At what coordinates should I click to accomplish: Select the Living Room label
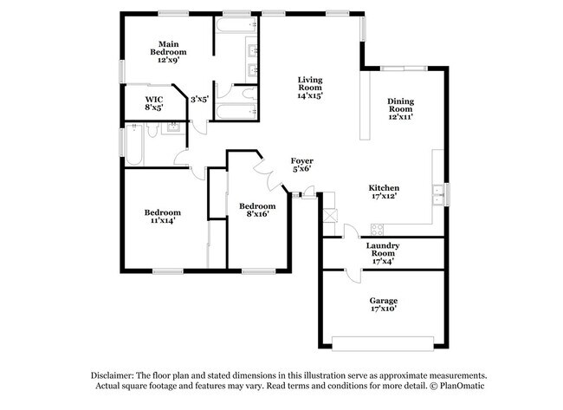coord(310,87)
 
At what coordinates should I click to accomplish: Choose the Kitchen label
coord(383,192)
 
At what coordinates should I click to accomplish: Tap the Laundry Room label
coord(382,251)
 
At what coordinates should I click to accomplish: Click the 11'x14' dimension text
coord(162,220)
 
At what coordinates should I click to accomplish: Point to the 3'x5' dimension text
coord(200,99)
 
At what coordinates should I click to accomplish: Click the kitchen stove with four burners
coord(376,229)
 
